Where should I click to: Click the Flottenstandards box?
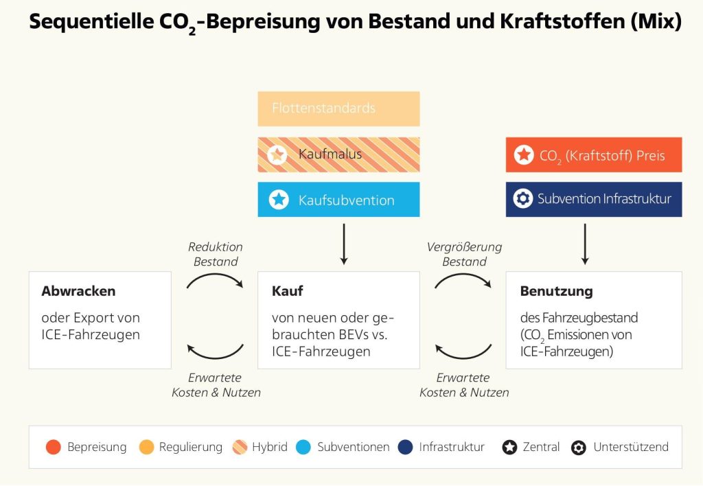[x=338, y=108]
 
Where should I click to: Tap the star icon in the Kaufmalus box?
[x=277, y=154]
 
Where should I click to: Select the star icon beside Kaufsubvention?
[x=279, y=200]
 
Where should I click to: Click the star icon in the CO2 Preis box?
[x=524, y=154]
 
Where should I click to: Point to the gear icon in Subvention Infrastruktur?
[x=522, y=198]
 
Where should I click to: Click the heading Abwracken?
[x=78, y=291]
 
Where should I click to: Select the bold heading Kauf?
[x=288, y=291]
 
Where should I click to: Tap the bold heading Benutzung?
[x=556, y=292]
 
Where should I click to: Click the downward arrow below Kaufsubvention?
[x=344, y=244]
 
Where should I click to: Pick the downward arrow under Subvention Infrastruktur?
[x=585, y=244]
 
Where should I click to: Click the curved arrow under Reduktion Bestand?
[x=215, y=275]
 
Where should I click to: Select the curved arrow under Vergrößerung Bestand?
[x=463, y=275]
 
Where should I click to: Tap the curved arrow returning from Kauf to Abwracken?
[x=215, y=358]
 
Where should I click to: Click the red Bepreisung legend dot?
[x=54, y=447]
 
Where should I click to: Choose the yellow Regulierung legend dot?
[x=147, y=447]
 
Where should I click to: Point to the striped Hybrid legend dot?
[x=240, y=447]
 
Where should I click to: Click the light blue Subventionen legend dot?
[x=303, y=447]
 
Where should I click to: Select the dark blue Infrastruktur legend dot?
[x=405, y=447]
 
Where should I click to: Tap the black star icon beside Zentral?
[x=509, y=447]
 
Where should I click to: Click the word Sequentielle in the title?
[x=91, y=21]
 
